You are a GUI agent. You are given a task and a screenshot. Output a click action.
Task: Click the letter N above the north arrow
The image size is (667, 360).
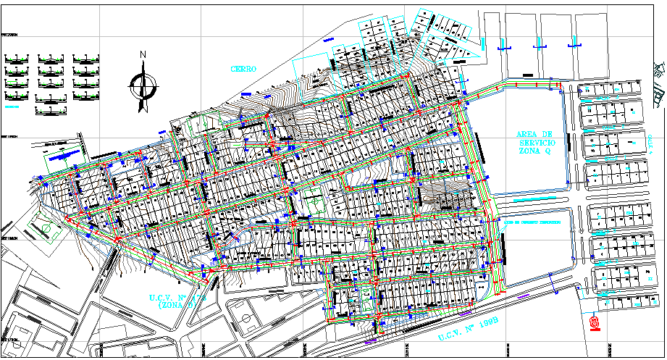point(143,54)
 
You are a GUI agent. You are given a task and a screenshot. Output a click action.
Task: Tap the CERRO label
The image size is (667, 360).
point(243,69)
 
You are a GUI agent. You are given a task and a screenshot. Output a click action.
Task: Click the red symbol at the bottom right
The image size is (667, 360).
point(595,322)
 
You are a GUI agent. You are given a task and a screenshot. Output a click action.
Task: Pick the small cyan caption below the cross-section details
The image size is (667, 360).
point(11,106)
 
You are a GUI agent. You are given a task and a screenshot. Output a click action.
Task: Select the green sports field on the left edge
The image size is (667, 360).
point(46,229)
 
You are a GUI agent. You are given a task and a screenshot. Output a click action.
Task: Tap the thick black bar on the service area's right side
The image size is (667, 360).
point(569,143)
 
